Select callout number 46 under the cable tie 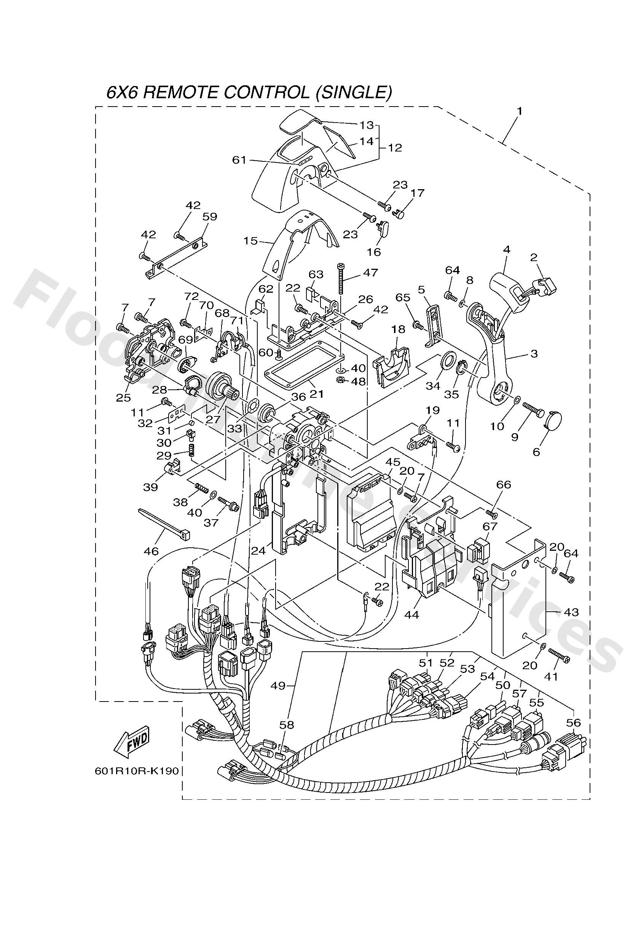point(151,551)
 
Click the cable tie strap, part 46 point(163,523)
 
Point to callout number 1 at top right point(519,111)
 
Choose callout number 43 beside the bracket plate point(571,611)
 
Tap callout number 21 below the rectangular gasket point(317,394)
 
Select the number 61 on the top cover point(239,160)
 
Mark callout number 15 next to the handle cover point(250,241)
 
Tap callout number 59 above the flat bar point(210,217)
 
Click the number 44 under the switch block point(411,615)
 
